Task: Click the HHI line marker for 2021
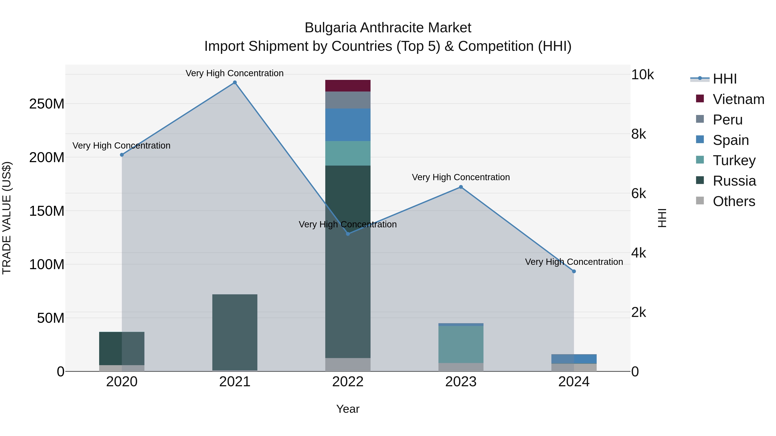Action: (x=235, y=82)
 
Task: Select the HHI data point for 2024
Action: (x=574, y=272)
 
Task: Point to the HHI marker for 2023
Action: (x=461, y=187)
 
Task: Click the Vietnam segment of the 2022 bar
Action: (x=348, y=86)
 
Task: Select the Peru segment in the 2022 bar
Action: (x=348, y=100)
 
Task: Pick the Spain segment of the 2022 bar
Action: (x=348, y=125)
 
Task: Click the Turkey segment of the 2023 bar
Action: (x=461, y=344)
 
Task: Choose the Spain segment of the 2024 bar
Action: (x=574, y=359)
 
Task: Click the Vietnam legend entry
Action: (x=738, y=99)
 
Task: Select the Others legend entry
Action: (x=734, y=201)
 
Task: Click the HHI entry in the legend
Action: (x=724, y=79)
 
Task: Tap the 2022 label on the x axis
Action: (x=348, y=382)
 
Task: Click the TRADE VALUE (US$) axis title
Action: (x=7, y=218)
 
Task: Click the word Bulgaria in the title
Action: (x=330, y=28)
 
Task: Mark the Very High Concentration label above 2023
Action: (x=461, y=177)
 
